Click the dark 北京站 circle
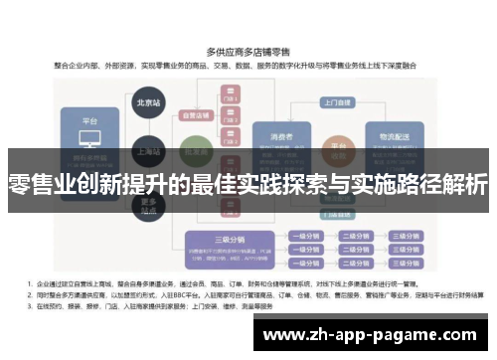(147, 102)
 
